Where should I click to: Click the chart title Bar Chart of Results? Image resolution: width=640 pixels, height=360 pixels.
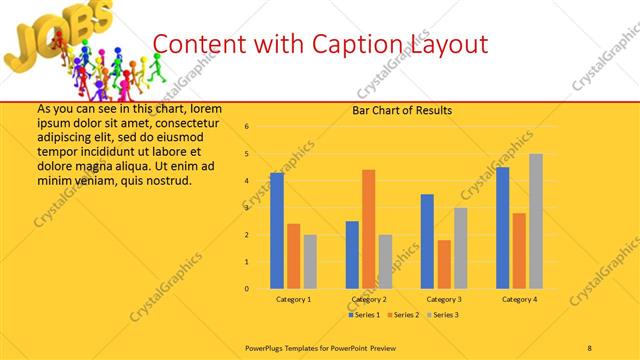(x=402, y=110)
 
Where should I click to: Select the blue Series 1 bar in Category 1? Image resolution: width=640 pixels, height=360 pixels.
(x=277, y=231)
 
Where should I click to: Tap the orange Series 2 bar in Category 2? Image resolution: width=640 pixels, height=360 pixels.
(x=369, y=229)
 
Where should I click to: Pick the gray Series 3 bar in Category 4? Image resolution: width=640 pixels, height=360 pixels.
(x=536, y=221)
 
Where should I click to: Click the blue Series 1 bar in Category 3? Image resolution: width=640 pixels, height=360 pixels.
(x=427, y=241)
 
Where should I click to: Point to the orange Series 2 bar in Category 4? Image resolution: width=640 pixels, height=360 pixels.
(x=519, y=251)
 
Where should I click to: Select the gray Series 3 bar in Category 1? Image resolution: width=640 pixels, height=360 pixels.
(x=311, y=262)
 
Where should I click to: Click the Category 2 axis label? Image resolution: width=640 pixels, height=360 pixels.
(x=369, y=300)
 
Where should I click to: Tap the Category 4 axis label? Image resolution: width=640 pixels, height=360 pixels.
(x=519, y=300)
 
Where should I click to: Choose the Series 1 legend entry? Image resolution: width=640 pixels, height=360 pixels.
(x=364, y=315)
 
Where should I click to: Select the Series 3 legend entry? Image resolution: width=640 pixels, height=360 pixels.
(x=443, y=315)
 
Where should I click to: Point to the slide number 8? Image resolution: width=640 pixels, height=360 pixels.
(x=590, y=347)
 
